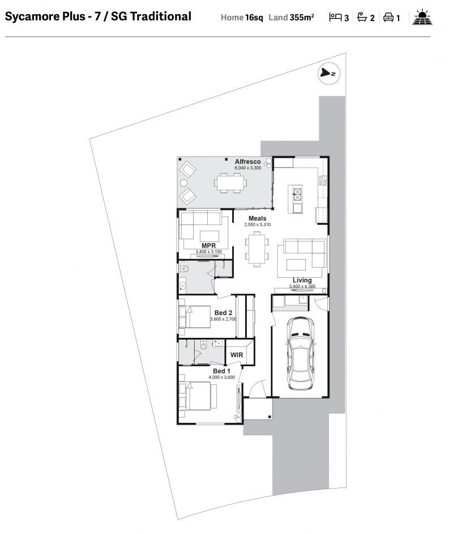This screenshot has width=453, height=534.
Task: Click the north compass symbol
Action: click(329, 73)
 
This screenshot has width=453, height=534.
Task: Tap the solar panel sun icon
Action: click(422, 17)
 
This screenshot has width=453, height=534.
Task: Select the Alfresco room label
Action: click(247, 162)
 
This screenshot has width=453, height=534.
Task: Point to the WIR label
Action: click(237, 355)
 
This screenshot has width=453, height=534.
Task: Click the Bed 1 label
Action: click(221, 371)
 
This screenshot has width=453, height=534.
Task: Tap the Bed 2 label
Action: click(223, 313)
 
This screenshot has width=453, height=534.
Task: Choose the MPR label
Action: click(208, 245)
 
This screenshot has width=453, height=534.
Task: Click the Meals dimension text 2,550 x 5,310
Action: click(258, 224)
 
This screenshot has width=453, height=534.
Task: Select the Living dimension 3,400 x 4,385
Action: click(302, 286)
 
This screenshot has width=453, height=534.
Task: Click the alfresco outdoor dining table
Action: click(230, 183)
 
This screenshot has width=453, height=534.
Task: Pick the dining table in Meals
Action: click(257, 249)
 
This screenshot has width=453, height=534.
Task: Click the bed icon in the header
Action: click(335, 17)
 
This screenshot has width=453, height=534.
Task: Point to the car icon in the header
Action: click(388, 18)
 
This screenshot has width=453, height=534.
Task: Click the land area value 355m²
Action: click(302, 18)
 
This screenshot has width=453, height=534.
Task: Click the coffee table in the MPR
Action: click(210, 236)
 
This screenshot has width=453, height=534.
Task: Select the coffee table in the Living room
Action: click(296, 265)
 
